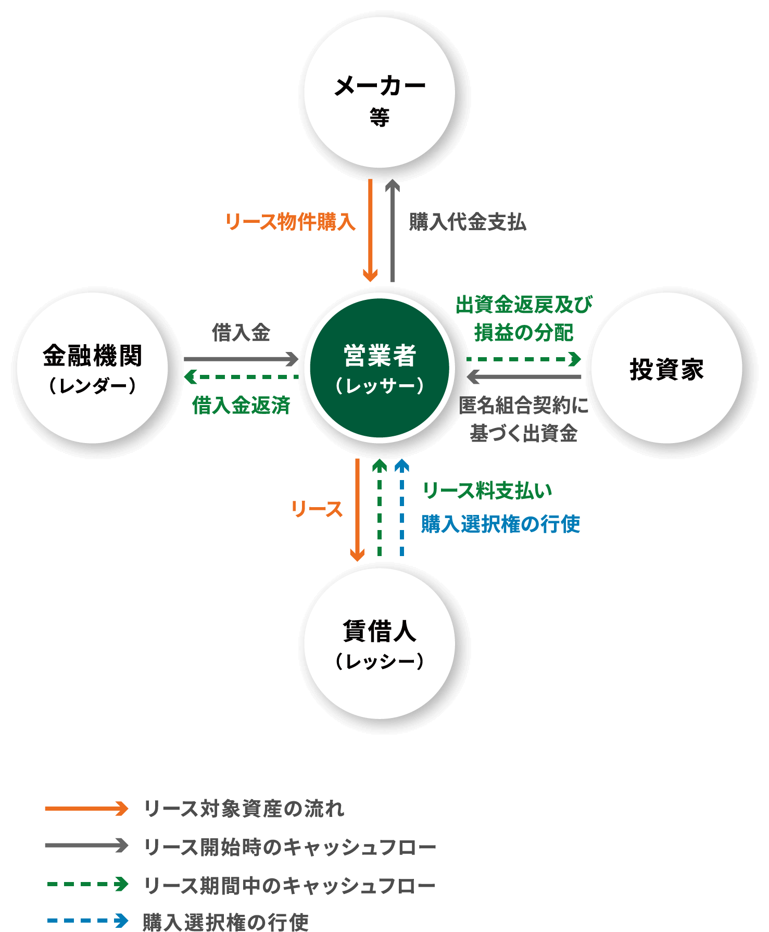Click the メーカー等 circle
point(379,93)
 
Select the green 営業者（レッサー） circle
point(379,368)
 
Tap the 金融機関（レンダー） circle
point(93,368)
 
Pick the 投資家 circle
point(666,368)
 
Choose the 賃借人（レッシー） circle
point(379,643)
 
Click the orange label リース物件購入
point(290,222)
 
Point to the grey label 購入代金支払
point(467,222)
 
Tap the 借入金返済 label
point(241,405)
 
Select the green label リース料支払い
point(487,490)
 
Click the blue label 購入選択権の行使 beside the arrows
point(500,524)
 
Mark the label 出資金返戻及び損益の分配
point(524,319)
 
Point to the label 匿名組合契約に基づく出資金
point(524,419)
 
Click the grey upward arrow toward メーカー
point(393,230)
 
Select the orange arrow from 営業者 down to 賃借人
point(357,509)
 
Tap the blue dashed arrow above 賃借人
point(402,508)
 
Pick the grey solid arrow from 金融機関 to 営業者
point(241,359)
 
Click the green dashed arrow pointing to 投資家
point(523,359)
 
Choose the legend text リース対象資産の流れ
point(244,809)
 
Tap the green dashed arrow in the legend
point(87,884)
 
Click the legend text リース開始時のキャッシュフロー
point(289,847)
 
